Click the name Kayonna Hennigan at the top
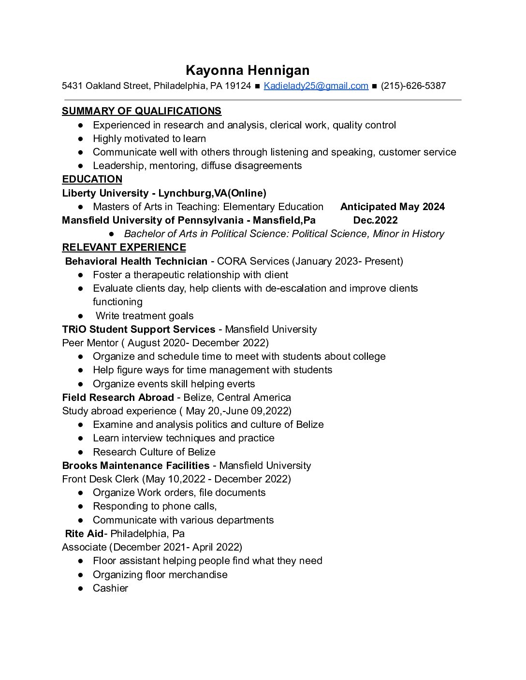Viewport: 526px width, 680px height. click(248, 71)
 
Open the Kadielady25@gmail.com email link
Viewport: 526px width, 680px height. click(316, 86)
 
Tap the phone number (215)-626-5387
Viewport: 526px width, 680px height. click(413, 86)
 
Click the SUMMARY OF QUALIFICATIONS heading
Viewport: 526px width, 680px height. click(142, 111)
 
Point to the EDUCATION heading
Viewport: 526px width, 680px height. click(92, 179)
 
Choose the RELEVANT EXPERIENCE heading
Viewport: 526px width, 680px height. click(124, 247)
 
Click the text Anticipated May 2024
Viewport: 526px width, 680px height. click(392, 207)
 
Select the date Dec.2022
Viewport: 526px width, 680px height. click(375, 220)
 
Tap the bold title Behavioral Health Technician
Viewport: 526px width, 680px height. click(136, 261)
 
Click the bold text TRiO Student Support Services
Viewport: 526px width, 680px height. click(139, 329)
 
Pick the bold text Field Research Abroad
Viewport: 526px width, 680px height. click(118, 397)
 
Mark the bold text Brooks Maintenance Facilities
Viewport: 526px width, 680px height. click(136, 466)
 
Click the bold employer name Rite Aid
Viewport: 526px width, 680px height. click(84, 534)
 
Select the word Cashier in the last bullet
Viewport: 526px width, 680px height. click(110, 588)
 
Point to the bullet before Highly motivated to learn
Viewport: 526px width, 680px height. click(81, 139)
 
